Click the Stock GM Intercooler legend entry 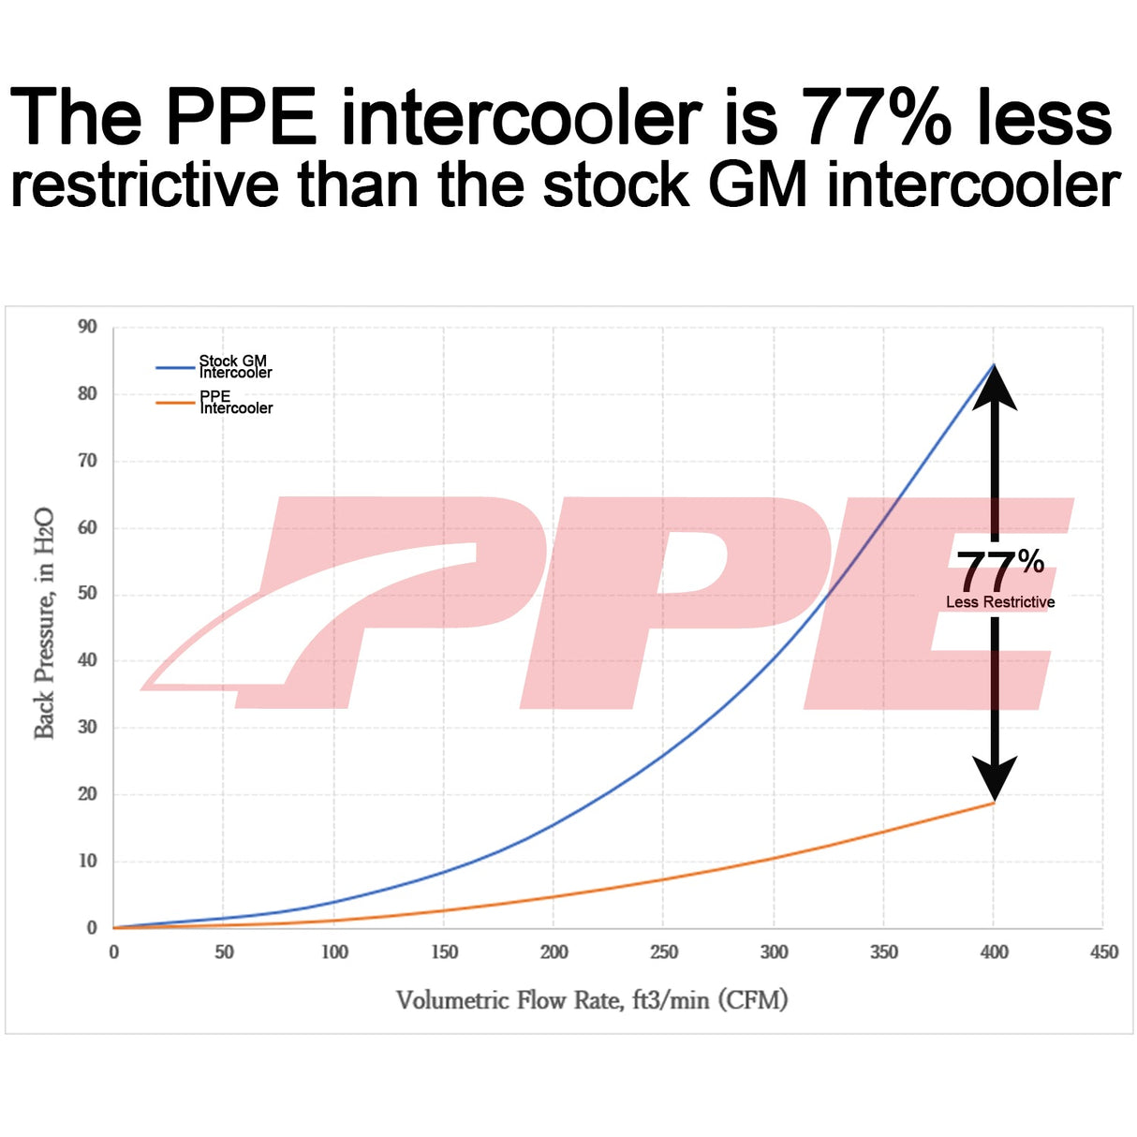pyautogui.click(x=234, y=366)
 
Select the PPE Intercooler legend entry pyautogui.click(x=235, y=402)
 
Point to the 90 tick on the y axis pyautogui.click(x=87, y=327)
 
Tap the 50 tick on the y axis pyautogui.click(x=87, y=594)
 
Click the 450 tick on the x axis pyautogui.click(x=1104, y=952)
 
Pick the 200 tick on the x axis pyautogui.click(x=554, y=952)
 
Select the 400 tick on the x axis pyautogui.click(x=994, y=952)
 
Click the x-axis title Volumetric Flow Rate pyautogui.click(x=591, y=1000)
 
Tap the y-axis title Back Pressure pyautogui.click(x=44, y=624)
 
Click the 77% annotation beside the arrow pyautogui.click(x=998, y=569)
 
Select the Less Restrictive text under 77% pyautogui.click(x=1000, y=602)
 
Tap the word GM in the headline pyautogui.click(x=758, y=185)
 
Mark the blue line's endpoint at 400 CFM pyautogui.click(x=994, y=363)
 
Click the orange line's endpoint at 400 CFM pyautogui.click(x=994, y=803)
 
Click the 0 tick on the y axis pyautogui.click(x=92, y=927)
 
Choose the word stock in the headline pyautogui.click(x=615, y=185)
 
